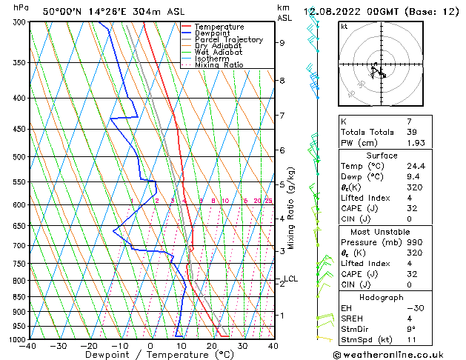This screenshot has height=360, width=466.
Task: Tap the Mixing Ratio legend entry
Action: (x=219, y=65)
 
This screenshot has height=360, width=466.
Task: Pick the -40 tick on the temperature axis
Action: (x=28, y=346)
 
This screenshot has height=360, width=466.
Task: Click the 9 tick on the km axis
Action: (x=282, y=43)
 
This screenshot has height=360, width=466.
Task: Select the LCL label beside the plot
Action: (x=290, y=279)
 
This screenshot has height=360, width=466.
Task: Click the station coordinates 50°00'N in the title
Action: (x=61, y=12)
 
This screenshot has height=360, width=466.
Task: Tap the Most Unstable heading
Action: (x=382, y=232)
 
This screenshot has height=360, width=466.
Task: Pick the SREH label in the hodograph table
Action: (x=353, y=319)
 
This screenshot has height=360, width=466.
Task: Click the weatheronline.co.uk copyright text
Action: (x=399, y=355)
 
